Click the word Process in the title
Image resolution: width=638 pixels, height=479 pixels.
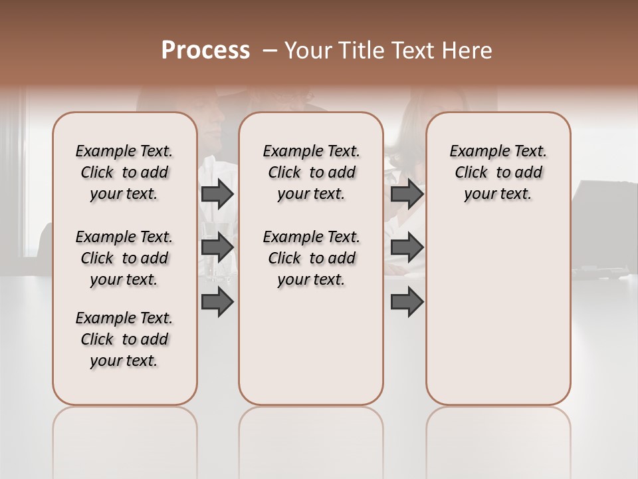coord(205,51)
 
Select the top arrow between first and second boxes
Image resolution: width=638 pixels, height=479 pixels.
coord(217,194)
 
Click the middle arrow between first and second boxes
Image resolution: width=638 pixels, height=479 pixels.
coord(217,247)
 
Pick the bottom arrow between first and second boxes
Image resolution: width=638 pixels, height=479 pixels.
coord(217,302)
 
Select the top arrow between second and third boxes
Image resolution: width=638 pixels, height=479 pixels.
coord(407,194)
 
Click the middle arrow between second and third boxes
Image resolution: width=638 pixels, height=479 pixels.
coord(407,247)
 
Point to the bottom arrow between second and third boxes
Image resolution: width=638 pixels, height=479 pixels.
coord(407,302)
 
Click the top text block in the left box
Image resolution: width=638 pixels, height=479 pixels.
coord(124,172)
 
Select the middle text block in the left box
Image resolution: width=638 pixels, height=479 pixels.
coord(124,258)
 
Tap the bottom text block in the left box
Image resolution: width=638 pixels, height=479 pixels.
coord(124,339)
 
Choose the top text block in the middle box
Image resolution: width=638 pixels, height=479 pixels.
coord(311,172)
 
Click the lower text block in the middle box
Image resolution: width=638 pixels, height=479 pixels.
coord(311,258)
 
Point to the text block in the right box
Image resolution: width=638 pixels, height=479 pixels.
coord(498,172)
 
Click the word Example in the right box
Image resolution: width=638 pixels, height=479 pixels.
coord(475,152)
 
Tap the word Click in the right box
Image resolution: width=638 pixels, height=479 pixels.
coord(471,173)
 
